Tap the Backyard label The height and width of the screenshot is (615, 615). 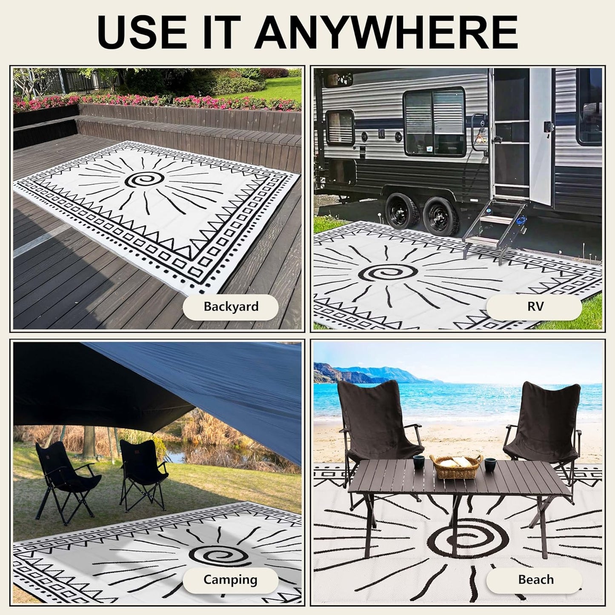[231, 306]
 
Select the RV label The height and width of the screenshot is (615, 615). [535, 306]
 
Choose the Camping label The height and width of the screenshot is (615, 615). [230, 580]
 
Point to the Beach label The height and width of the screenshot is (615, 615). [535, 580]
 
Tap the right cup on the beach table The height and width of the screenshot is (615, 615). [489, 463]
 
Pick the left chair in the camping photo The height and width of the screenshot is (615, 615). [64, 479]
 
